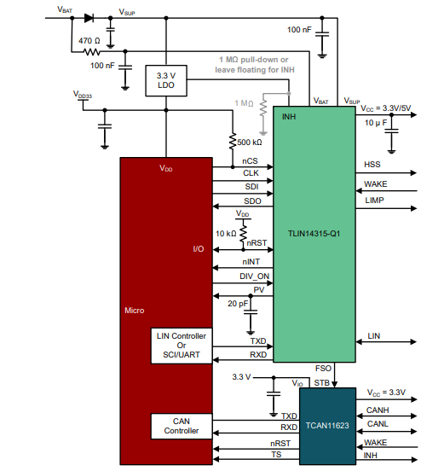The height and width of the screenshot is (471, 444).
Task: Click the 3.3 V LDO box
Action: point(166,82)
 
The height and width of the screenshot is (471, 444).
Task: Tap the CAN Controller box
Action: point(182,427)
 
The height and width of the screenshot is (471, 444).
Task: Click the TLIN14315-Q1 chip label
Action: point(314,232)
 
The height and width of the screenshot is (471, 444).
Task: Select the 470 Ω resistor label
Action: point(89,40)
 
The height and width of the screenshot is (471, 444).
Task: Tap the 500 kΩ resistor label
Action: point(250,142)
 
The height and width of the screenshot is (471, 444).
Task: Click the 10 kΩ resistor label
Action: point(226,233)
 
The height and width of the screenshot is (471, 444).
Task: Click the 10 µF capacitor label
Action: point(375,123)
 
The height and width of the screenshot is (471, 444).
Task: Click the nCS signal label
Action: point(251,160)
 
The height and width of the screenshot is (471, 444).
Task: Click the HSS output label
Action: point(372,164)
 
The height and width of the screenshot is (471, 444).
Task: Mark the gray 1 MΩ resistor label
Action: point(244,103)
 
